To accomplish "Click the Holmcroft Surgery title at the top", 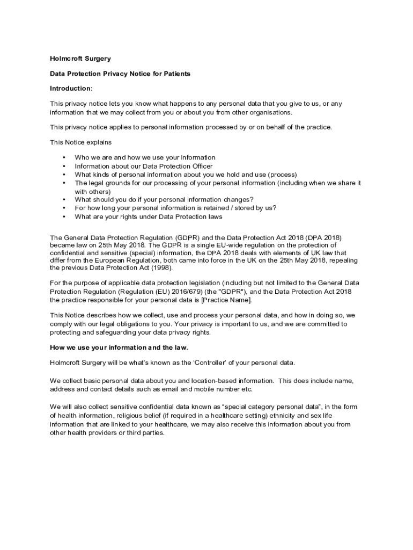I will click(x=80, y=59).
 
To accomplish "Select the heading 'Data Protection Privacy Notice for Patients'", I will click(x=120, y=74).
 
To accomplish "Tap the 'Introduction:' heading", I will click(x=71, y=88).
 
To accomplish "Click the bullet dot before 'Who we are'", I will click(x=64, y=157).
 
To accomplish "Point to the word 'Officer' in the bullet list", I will click(x=200, y=166).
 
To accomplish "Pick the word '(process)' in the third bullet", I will click(x=282, y=175).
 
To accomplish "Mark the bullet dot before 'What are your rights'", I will click(x=64, y=217).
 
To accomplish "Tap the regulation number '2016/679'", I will click(x=170, y=291).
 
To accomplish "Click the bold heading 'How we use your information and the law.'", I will click(x=127, y=347).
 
